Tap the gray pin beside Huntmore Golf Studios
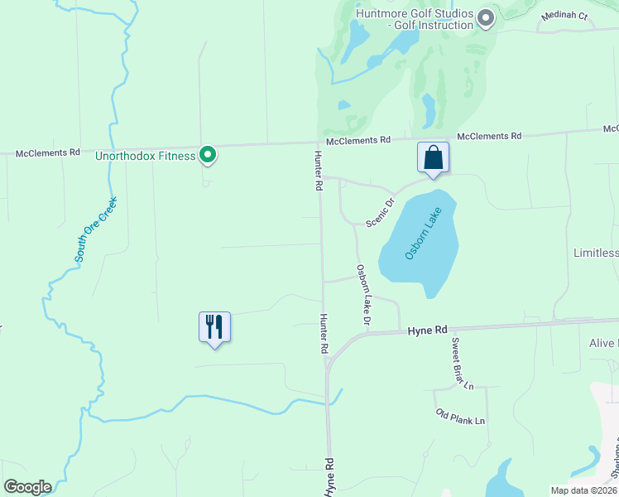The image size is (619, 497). coord(486,17)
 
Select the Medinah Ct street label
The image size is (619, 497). coord(564,16)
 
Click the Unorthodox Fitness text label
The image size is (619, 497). coord(145,156)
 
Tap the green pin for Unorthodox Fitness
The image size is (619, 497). coord(209,154)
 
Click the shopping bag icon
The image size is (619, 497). coord(433,157)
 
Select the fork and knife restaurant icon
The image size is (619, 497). coord(214,326)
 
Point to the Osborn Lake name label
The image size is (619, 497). coord(423,234)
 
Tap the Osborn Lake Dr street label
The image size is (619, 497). coord(363,294)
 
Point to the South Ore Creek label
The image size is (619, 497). coord(96,229)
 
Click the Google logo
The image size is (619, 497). coord(27,487)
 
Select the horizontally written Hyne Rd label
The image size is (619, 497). coord(427,330)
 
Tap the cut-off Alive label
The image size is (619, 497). coord(603,343)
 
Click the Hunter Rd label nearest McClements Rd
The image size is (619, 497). coord(317,171)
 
